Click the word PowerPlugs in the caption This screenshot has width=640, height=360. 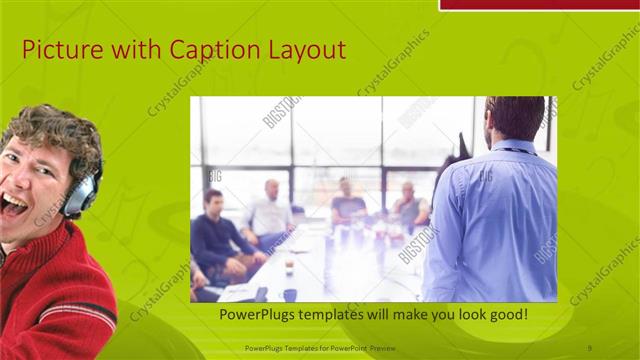[262, 315]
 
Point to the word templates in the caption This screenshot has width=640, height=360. [343, 315]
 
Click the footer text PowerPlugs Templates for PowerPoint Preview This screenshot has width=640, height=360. [326, 348]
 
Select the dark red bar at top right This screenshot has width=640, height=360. [539, 4]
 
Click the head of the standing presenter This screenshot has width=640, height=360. [514, 118]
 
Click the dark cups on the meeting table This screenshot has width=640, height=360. [289, 293]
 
